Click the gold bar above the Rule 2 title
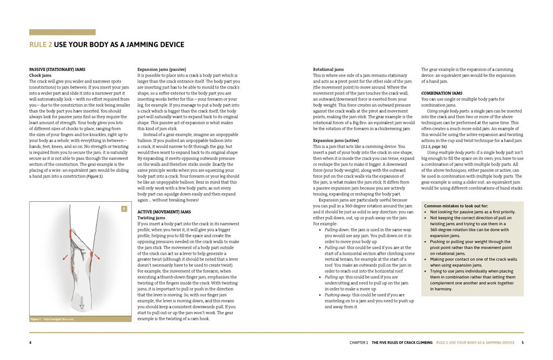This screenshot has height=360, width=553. (62, 32)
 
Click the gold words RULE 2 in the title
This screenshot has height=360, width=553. (41, 45)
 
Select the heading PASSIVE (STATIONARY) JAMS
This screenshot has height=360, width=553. (57, 70)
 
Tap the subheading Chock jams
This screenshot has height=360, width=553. (40, 76)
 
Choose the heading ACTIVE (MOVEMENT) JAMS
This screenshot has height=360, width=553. (165, 212)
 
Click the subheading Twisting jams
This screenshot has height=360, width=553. (152, 218)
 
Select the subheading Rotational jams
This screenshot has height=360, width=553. (328, 70)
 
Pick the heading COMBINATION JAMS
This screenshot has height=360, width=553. (441, 93)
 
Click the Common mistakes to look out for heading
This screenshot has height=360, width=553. (456, 206)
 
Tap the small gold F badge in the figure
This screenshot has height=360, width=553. (124, 208)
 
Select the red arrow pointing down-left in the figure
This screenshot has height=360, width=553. (66, 257)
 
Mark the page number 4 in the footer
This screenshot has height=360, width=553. (30, 342)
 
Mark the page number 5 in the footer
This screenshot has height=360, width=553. (522, 342)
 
